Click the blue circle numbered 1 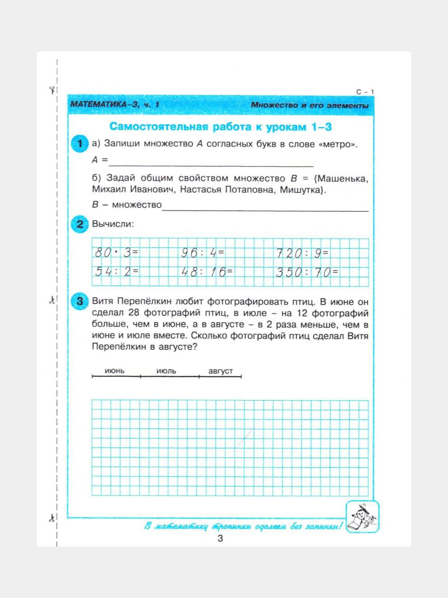point(80,144)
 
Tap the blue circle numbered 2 point(80,224)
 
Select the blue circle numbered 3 point(80,301)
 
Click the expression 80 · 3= point(117,252)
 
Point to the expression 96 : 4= point(203,252)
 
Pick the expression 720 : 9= point(302,253)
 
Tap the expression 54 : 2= point(117,272)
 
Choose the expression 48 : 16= point(207,272)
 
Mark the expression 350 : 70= point(307,272)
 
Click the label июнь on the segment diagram point(114,371)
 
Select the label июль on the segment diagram point(166,371)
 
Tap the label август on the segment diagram point(221,371)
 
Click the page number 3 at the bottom point(220,538)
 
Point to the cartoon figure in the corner point(362,517)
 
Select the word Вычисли point(113,224)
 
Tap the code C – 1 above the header point(365,92)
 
